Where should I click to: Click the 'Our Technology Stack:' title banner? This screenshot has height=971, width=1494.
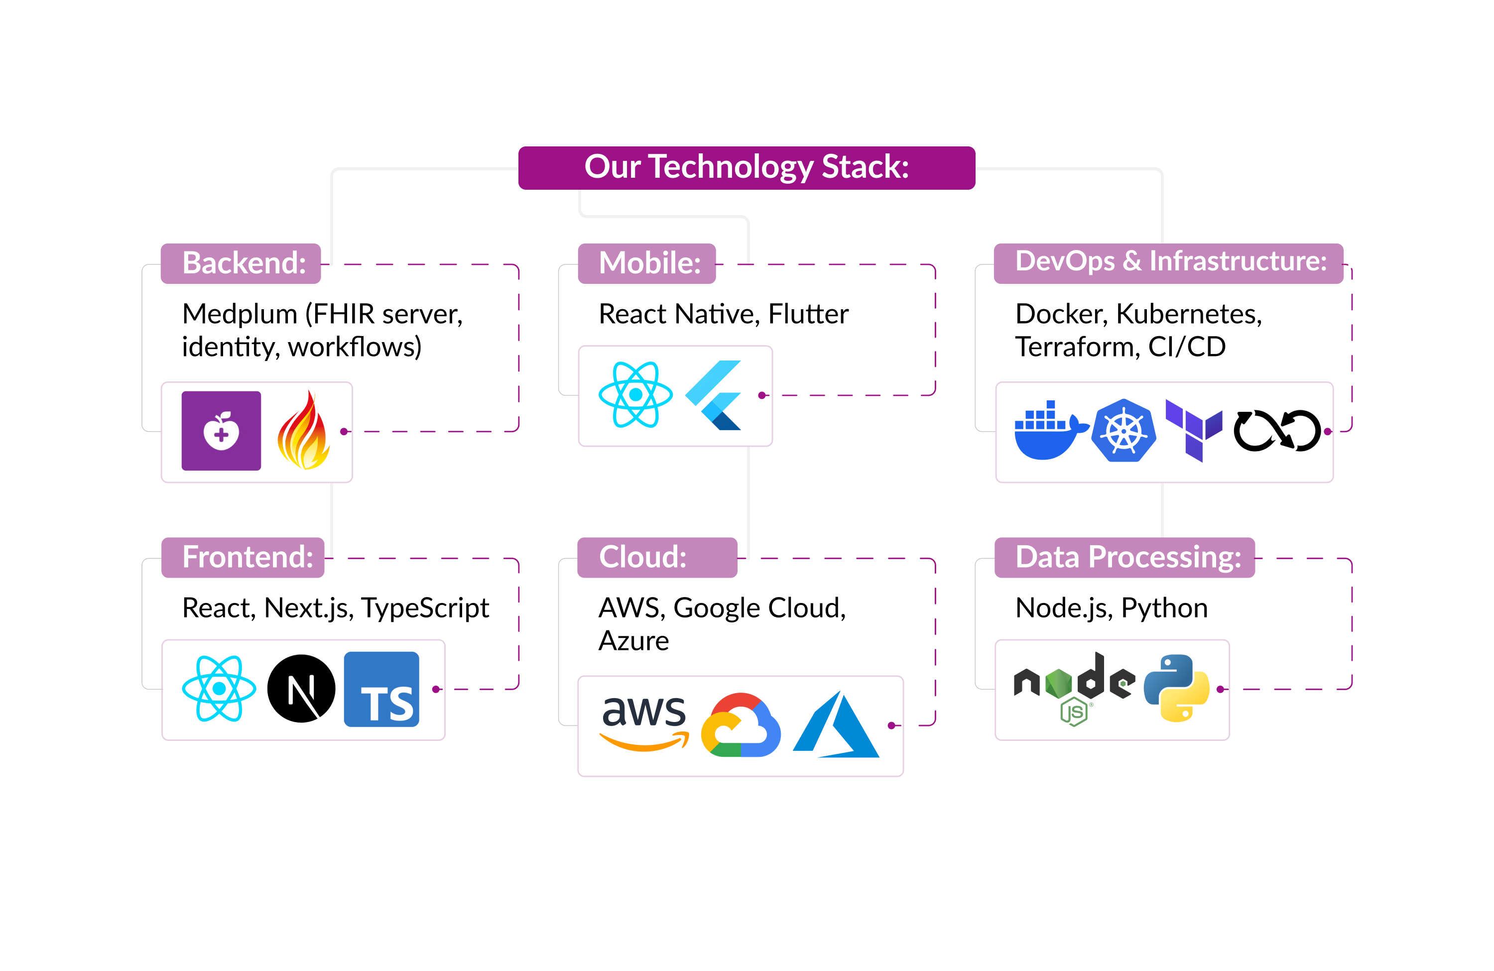coord(747,168)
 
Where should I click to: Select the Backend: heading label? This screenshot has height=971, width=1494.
coord(241,263)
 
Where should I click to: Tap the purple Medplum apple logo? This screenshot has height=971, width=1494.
coord(221,431)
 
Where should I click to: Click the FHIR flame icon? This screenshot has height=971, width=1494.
coord(303,431)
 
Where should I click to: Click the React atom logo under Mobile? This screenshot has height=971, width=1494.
coord(635,395)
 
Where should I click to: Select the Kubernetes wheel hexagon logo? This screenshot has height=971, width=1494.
coord(1123,431)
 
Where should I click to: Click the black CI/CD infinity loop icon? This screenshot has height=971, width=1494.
coord(1277,431)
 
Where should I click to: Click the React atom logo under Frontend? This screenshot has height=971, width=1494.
coord(219,689)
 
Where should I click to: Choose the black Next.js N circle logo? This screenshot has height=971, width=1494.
coord(301,689)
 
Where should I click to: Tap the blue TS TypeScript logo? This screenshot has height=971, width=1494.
coord(381,689)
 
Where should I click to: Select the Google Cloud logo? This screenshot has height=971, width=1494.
coord(741,725)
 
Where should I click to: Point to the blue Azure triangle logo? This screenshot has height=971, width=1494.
coord(836,726)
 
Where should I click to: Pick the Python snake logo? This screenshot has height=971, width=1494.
coord(1176,688)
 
